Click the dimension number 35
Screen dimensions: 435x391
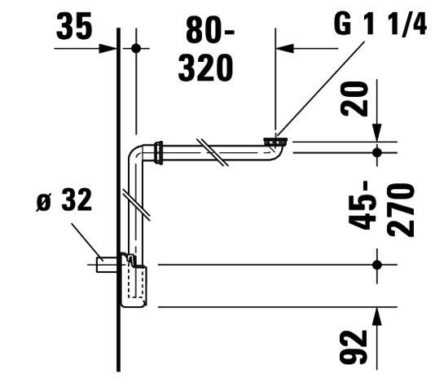click(x=74, y=27)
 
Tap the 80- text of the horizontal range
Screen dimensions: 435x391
click(x=209, y=29)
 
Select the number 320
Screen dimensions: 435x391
click(x=205, y=68)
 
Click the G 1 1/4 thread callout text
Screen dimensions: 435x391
click(x=380, y=24)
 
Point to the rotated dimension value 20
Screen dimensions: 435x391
click(x=354, y=99)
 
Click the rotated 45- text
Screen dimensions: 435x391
click(x=362, y=205)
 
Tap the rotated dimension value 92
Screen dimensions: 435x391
click(x=354, y=346)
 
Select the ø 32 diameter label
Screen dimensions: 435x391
click(x=64, y=200)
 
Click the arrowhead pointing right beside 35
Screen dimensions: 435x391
click(x=108, y=49)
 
